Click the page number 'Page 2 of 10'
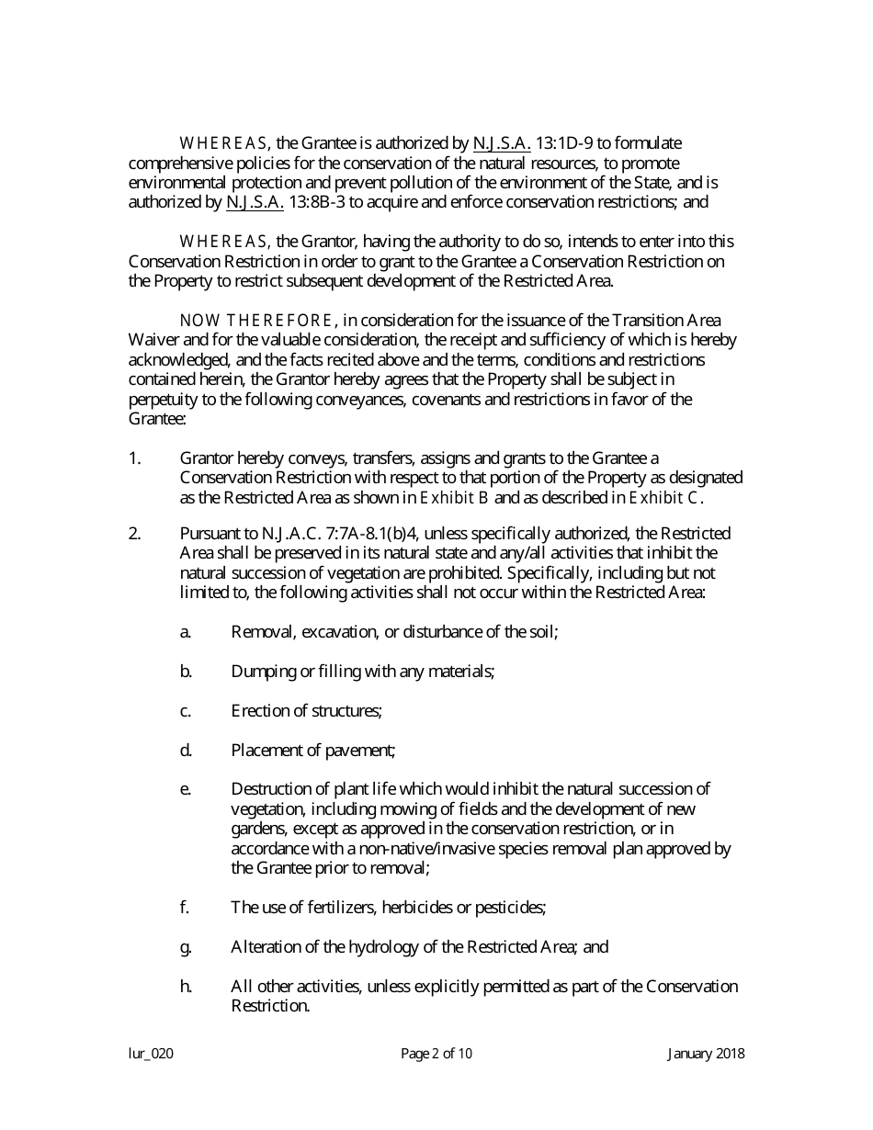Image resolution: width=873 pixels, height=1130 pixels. pos(436,1054)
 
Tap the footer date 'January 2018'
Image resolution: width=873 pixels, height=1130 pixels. pos(706,1054)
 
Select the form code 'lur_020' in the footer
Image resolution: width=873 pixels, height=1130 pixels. pos(151,1054)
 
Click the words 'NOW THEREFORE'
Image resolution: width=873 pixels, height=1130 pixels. pos(255,321)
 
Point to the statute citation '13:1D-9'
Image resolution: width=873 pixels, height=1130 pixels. pos(563,143)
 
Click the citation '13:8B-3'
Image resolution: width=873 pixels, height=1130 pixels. pos(317,202)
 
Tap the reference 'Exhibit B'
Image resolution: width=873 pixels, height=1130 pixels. pos(454,498)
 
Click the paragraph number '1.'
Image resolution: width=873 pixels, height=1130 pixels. pos(135,458)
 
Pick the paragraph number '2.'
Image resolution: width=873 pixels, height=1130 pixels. pos(135,534)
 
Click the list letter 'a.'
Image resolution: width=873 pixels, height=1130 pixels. pos(186,632)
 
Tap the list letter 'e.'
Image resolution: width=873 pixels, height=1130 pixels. pos(186,789)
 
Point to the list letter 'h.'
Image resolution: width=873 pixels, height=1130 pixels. pos(186,987)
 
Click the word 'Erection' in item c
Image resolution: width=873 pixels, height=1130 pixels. pos(259,711)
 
